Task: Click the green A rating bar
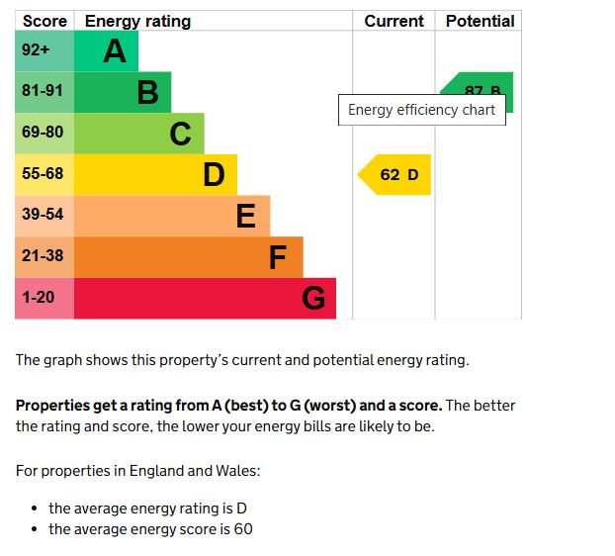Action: [x=106, y=50]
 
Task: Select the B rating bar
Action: [x=123, y=92]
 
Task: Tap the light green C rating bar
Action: [x=139, y=134]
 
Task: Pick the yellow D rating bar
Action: [x=155, y=175]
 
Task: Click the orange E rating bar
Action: [x=172, y=216]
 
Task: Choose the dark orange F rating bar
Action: [x=188, y=257]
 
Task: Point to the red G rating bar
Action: [x=205, y=299]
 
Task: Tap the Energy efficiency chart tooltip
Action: [x=421, y=110]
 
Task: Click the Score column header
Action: [x=44, y=21]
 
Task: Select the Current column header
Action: [x=394, y=21]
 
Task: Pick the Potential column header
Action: [x=480, y=21]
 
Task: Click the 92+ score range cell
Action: [x=44, y=50]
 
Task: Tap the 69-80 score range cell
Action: [x=44, y=133]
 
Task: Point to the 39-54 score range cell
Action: [x=44, y=215]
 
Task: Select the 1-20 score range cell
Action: [x=44, y=298]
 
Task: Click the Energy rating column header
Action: [x=138, y=21]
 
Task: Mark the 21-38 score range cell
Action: [x=44, y=256]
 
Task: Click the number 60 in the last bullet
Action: [x=243, y=529]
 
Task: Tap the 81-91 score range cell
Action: [x=44, y=91]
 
